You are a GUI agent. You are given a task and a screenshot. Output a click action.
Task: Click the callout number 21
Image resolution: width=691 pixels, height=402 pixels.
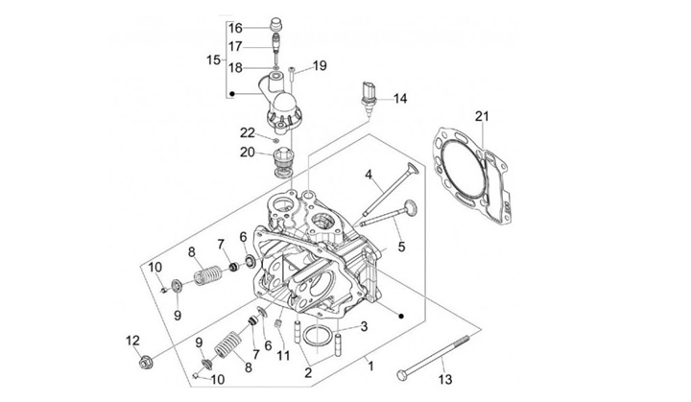(482, 116)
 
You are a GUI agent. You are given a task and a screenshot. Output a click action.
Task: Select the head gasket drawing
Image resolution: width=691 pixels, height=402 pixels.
(469, 174)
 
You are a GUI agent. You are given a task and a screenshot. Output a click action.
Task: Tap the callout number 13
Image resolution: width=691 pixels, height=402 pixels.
(445, 379)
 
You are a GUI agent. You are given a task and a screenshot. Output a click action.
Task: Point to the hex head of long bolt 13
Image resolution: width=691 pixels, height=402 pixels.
(402, 375)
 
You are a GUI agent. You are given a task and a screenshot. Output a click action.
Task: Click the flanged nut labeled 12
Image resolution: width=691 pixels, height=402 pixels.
(144, 364)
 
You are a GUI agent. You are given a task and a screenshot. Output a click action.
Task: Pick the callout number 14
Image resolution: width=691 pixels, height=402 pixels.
(400, 98)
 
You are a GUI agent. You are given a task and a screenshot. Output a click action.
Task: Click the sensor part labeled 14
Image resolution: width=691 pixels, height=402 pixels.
(367, 97)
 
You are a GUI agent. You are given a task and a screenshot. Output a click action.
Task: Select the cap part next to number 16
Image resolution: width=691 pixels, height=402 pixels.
(275, 22)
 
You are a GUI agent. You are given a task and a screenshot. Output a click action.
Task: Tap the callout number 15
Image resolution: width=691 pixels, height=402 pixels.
(213, 59)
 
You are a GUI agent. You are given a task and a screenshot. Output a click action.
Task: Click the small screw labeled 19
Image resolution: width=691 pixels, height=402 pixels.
(292, 74)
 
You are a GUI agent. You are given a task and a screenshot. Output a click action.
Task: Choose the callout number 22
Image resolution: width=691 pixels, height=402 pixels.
(248, 132)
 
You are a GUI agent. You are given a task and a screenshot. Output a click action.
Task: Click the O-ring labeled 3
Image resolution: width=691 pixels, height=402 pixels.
(319, 336)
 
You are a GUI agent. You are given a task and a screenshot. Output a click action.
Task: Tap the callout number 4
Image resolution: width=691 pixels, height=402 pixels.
(369, 175)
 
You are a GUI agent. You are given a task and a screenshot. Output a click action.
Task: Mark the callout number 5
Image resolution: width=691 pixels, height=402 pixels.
(401, 247)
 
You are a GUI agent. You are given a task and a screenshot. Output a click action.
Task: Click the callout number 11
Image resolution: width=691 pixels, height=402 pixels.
(283, 355)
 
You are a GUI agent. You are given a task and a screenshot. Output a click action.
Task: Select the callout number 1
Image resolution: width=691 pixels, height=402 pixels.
(370, 366)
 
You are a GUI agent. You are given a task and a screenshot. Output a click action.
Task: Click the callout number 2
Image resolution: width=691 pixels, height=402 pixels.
(308, 372)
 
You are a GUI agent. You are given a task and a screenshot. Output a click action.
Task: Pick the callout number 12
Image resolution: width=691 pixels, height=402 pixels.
(132, 341)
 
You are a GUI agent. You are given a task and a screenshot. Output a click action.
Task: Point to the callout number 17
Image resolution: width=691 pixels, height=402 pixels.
(235, 46)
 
